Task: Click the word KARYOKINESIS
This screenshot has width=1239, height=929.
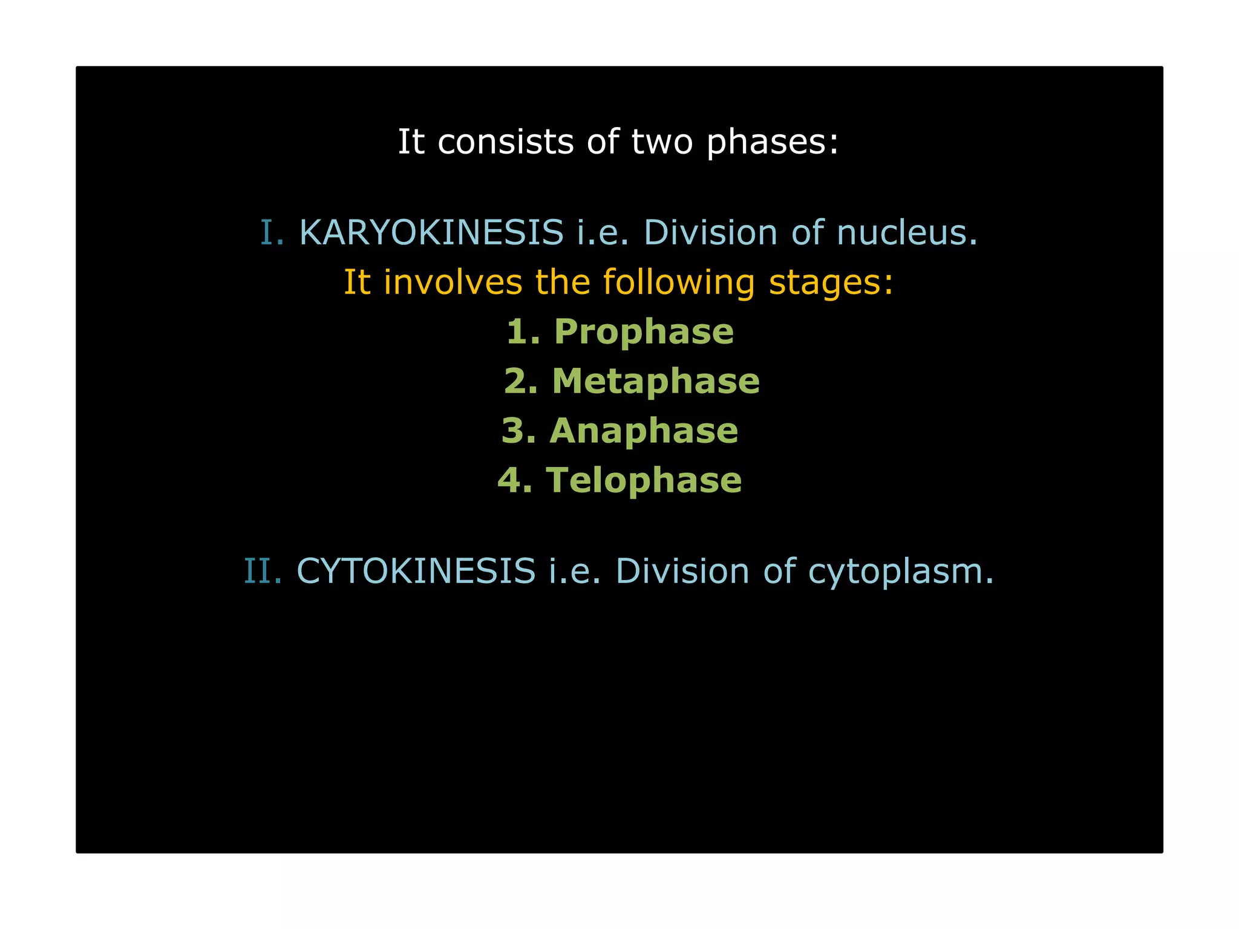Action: tap(431, 233)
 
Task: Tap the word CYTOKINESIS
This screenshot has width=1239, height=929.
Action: tap(416, 572)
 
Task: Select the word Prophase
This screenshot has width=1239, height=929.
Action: tap(644, 332)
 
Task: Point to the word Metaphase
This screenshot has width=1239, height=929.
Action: tap(656, 382)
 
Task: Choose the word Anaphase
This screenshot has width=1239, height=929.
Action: tap(644, 431)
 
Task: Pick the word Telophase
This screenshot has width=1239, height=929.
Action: tap(644, 481)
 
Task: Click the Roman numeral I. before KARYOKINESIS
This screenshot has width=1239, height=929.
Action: tap(272, 233)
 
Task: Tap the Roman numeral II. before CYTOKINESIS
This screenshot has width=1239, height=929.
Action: tap(263, 572)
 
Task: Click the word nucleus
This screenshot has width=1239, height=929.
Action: tap(907, 233)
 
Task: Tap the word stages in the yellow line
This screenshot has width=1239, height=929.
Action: tap(831, 284)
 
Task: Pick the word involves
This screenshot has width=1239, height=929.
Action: tap(453, 282)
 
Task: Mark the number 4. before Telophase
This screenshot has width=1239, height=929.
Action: tap(515, 481)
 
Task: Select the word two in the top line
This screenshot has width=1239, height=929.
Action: tap(662, 143)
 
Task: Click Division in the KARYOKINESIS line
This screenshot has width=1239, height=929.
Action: tap(710, 233)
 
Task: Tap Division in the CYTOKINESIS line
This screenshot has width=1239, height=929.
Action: tap(682, 572)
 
